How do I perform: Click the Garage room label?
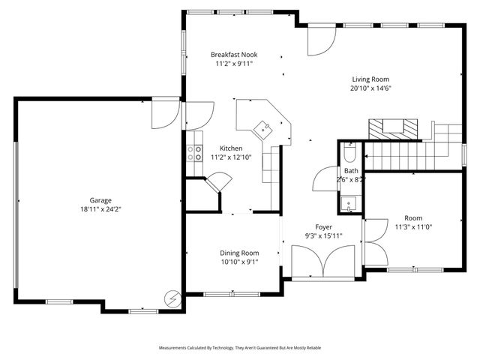(x=101, y=200)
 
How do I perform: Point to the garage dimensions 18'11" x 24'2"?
(x=101, y=209)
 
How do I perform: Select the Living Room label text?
(x=371, y=79)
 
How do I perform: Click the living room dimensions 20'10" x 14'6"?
(x=371, y=88)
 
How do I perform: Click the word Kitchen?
(x=232, y=148)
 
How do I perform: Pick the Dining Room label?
(x=239, y=253)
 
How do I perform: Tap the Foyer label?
(x=324, y=226)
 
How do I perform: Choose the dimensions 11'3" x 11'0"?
(x=413, y=226)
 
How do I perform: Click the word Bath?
(x=351, y=171)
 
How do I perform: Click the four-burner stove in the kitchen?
(x=193, y=153)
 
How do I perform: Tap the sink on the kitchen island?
(x=265, y=129)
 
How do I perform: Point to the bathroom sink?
(x=349, y=204)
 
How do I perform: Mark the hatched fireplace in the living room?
(x=395, y=128)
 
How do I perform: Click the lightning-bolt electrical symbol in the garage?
(x=172, y=299)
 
